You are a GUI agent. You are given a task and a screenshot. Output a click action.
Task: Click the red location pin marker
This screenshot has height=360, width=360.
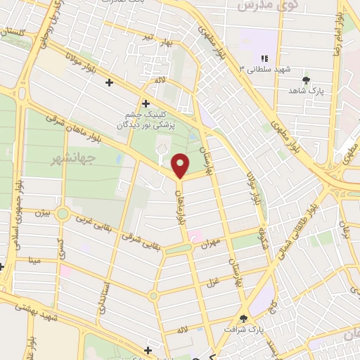[181, 165]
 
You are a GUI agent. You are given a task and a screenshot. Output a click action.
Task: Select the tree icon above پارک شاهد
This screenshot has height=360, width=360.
[306, 80]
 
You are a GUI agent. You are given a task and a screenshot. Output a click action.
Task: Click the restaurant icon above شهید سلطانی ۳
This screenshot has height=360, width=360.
[264, 58]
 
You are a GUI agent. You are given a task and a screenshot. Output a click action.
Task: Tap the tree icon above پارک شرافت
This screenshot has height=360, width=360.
[243, 319]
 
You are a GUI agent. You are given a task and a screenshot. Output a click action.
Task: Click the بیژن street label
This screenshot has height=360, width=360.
[43, 211]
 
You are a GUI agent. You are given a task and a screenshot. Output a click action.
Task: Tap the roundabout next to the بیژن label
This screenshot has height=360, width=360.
[63, 214]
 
